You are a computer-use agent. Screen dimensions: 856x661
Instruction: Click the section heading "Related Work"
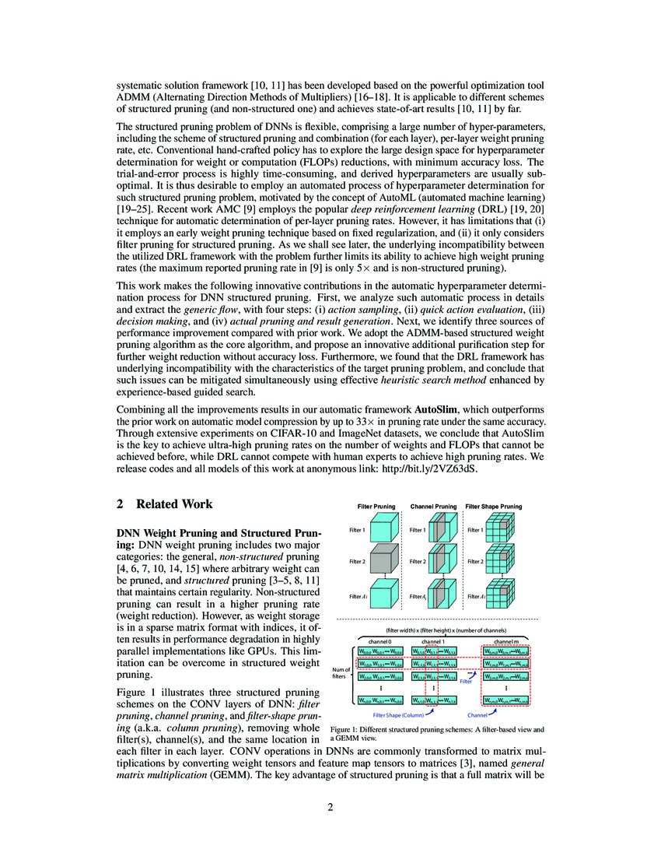pos(175,504)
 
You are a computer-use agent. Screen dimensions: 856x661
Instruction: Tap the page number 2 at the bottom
pos(330,808)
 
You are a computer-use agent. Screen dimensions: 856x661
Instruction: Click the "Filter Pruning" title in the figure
pos(376,507)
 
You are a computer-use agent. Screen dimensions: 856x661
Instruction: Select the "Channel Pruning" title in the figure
pos(433,507)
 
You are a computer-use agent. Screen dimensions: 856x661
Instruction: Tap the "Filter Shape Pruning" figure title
pos(494,507)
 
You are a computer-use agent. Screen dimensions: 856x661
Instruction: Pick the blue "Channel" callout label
pos(477,714)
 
